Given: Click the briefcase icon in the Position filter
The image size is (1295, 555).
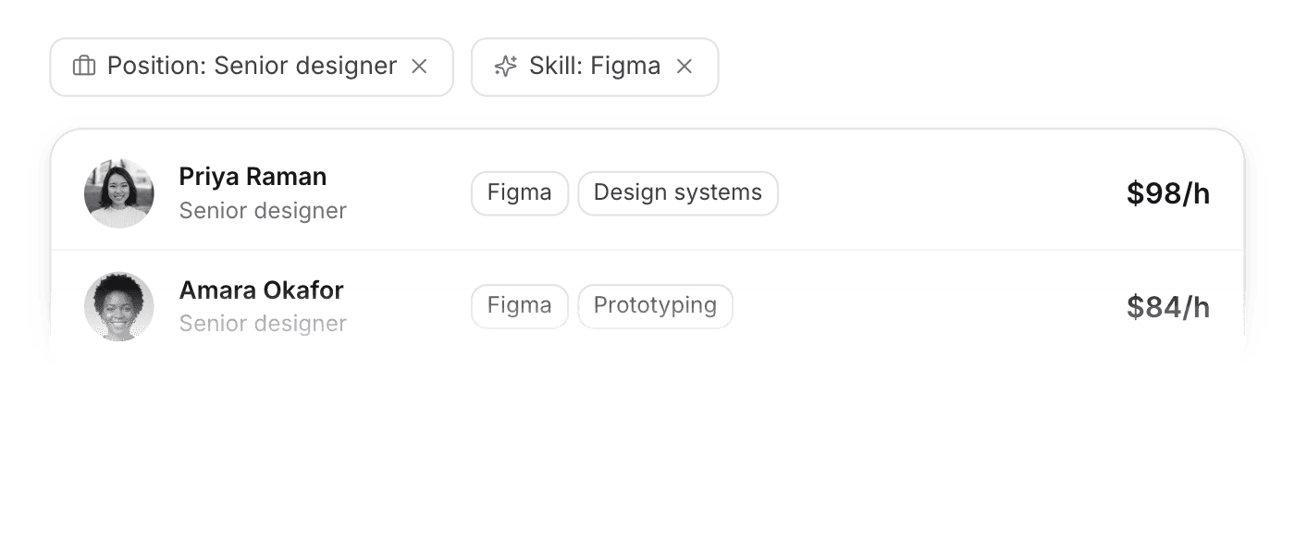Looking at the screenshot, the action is [x=84, y=66].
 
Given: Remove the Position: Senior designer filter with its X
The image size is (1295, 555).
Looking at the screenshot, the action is [x=419, y=67].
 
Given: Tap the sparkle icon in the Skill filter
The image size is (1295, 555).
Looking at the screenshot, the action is [x=505, y=66].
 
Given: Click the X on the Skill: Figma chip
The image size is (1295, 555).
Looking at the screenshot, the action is [x=684, y=67].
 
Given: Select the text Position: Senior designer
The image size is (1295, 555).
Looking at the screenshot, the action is [x=252, y=66].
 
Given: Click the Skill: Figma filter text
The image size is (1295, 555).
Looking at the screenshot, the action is [x=595, y=66].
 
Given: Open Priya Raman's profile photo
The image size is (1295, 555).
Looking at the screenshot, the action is [x=119, y=193].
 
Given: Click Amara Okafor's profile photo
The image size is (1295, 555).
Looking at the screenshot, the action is [x=119, y=306].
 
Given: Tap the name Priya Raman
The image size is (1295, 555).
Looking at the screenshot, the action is [x=253, y=177].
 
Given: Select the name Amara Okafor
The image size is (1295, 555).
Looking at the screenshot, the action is [x=261, y=290].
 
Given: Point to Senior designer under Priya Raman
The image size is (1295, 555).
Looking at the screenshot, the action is [x=263, y=211].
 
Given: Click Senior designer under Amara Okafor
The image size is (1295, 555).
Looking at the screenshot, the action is [x=263, y=324].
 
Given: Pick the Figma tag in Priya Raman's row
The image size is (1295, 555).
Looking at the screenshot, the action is [x=520, y=193].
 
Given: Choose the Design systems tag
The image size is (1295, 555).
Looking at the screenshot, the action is [x=678, y=193].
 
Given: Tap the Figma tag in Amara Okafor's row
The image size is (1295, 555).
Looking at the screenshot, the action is [x=520, y=306].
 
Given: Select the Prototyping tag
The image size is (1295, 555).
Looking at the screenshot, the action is [x=656, y=306].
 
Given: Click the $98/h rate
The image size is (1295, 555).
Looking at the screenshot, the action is [x=1168, y=193].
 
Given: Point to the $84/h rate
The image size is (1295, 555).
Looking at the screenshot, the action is [x=1168, y=307].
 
